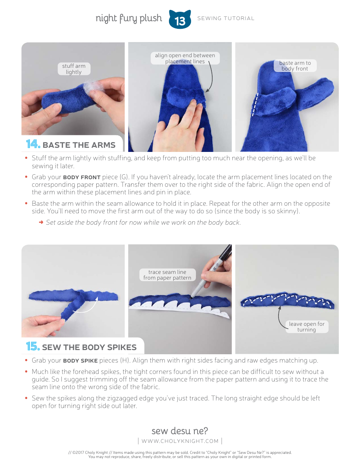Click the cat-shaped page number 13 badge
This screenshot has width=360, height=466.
point(180,19)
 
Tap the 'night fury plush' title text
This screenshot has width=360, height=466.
point(128,18)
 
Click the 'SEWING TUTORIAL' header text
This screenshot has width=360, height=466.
point(226,18)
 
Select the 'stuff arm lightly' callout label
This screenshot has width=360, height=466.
point(74,69)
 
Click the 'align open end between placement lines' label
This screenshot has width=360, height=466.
point(185,58)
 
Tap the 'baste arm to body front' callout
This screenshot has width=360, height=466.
point(295,66)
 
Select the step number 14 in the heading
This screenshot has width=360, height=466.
point(33,144)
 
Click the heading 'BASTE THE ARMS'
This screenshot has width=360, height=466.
point(79,145)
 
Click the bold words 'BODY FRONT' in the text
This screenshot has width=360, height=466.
point(81,177)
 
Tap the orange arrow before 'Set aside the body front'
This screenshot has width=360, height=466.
point(41,222)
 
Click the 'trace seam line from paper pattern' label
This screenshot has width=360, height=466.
point(167,275)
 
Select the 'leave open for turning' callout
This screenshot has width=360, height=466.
point(307,327)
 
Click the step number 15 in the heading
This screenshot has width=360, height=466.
point(33,347)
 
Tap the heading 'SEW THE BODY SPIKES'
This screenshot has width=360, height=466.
point(89,347)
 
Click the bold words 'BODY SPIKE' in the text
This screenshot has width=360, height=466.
point(80,361)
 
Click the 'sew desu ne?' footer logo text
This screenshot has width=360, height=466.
point(180,431)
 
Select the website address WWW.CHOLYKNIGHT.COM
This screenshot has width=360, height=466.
point(180,441)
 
